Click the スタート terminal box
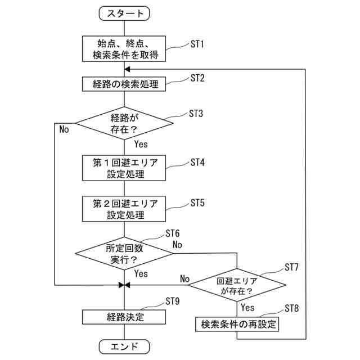[124, 13]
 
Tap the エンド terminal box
[124, 346]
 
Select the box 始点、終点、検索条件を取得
[124, 49]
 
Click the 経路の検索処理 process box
[124, 84]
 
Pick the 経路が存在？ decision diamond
[124, 123]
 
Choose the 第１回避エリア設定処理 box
[124, 168]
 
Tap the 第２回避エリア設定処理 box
[124, 209]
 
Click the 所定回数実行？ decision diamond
[124, 254]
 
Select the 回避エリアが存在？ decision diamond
[237, 285]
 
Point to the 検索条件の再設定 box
[237, 324]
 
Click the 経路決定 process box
[124, 317]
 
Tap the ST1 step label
[197, 44]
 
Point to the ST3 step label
[196, 114]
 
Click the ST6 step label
[173, 233]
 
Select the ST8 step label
[292, 308]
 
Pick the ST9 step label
[173, 301]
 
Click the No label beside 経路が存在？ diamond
[64, 129]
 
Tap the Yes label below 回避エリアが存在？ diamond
[247, 308]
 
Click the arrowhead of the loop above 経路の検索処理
[127, 69]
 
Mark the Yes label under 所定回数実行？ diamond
[141, 274]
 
